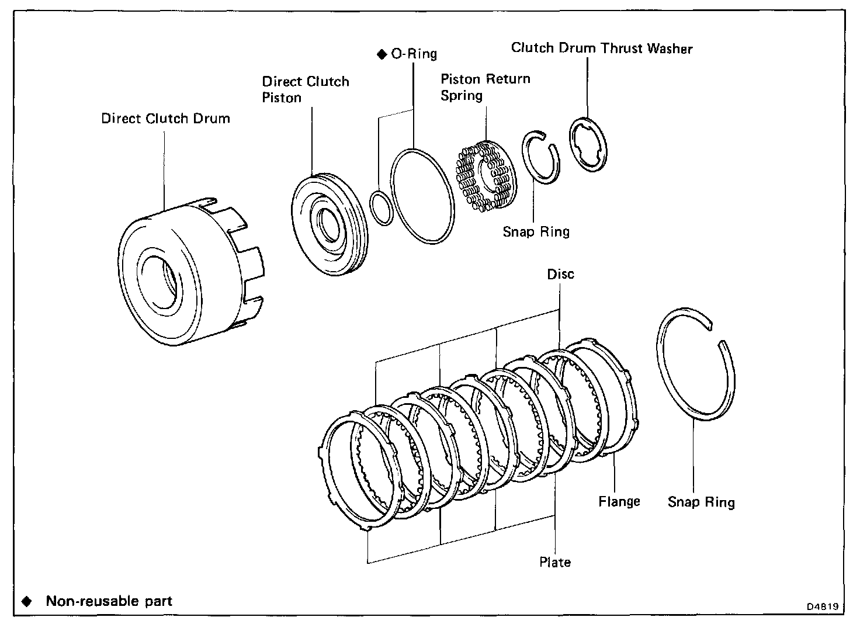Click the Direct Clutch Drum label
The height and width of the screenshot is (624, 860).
point(165,119)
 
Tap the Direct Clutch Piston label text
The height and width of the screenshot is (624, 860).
point(305,89)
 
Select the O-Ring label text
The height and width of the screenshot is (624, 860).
point(414,54)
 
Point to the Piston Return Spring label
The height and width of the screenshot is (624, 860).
point(485,86)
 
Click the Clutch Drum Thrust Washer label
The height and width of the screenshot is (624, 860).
point(601,48)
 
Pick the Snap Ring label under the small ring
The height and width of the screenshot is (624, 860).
point(536,232)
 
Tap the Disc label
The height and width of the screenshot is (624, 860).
point(560,274)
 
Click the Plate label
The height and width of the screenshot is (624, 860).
point(554,562)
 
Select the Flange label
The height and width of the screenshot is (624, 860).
point(619,501)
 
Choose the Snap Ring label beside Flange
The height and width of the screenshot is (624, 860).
point(701,502)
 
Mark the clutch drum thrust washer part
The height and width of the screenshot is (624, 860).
point(588,144)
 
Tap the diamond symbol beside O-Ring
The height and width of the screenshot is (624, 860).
point(382,54)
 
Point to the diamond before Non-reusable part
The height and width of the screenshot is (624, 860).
point(26,601)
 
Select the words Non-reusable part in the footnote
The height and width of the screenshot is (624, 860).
point(109,601)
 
